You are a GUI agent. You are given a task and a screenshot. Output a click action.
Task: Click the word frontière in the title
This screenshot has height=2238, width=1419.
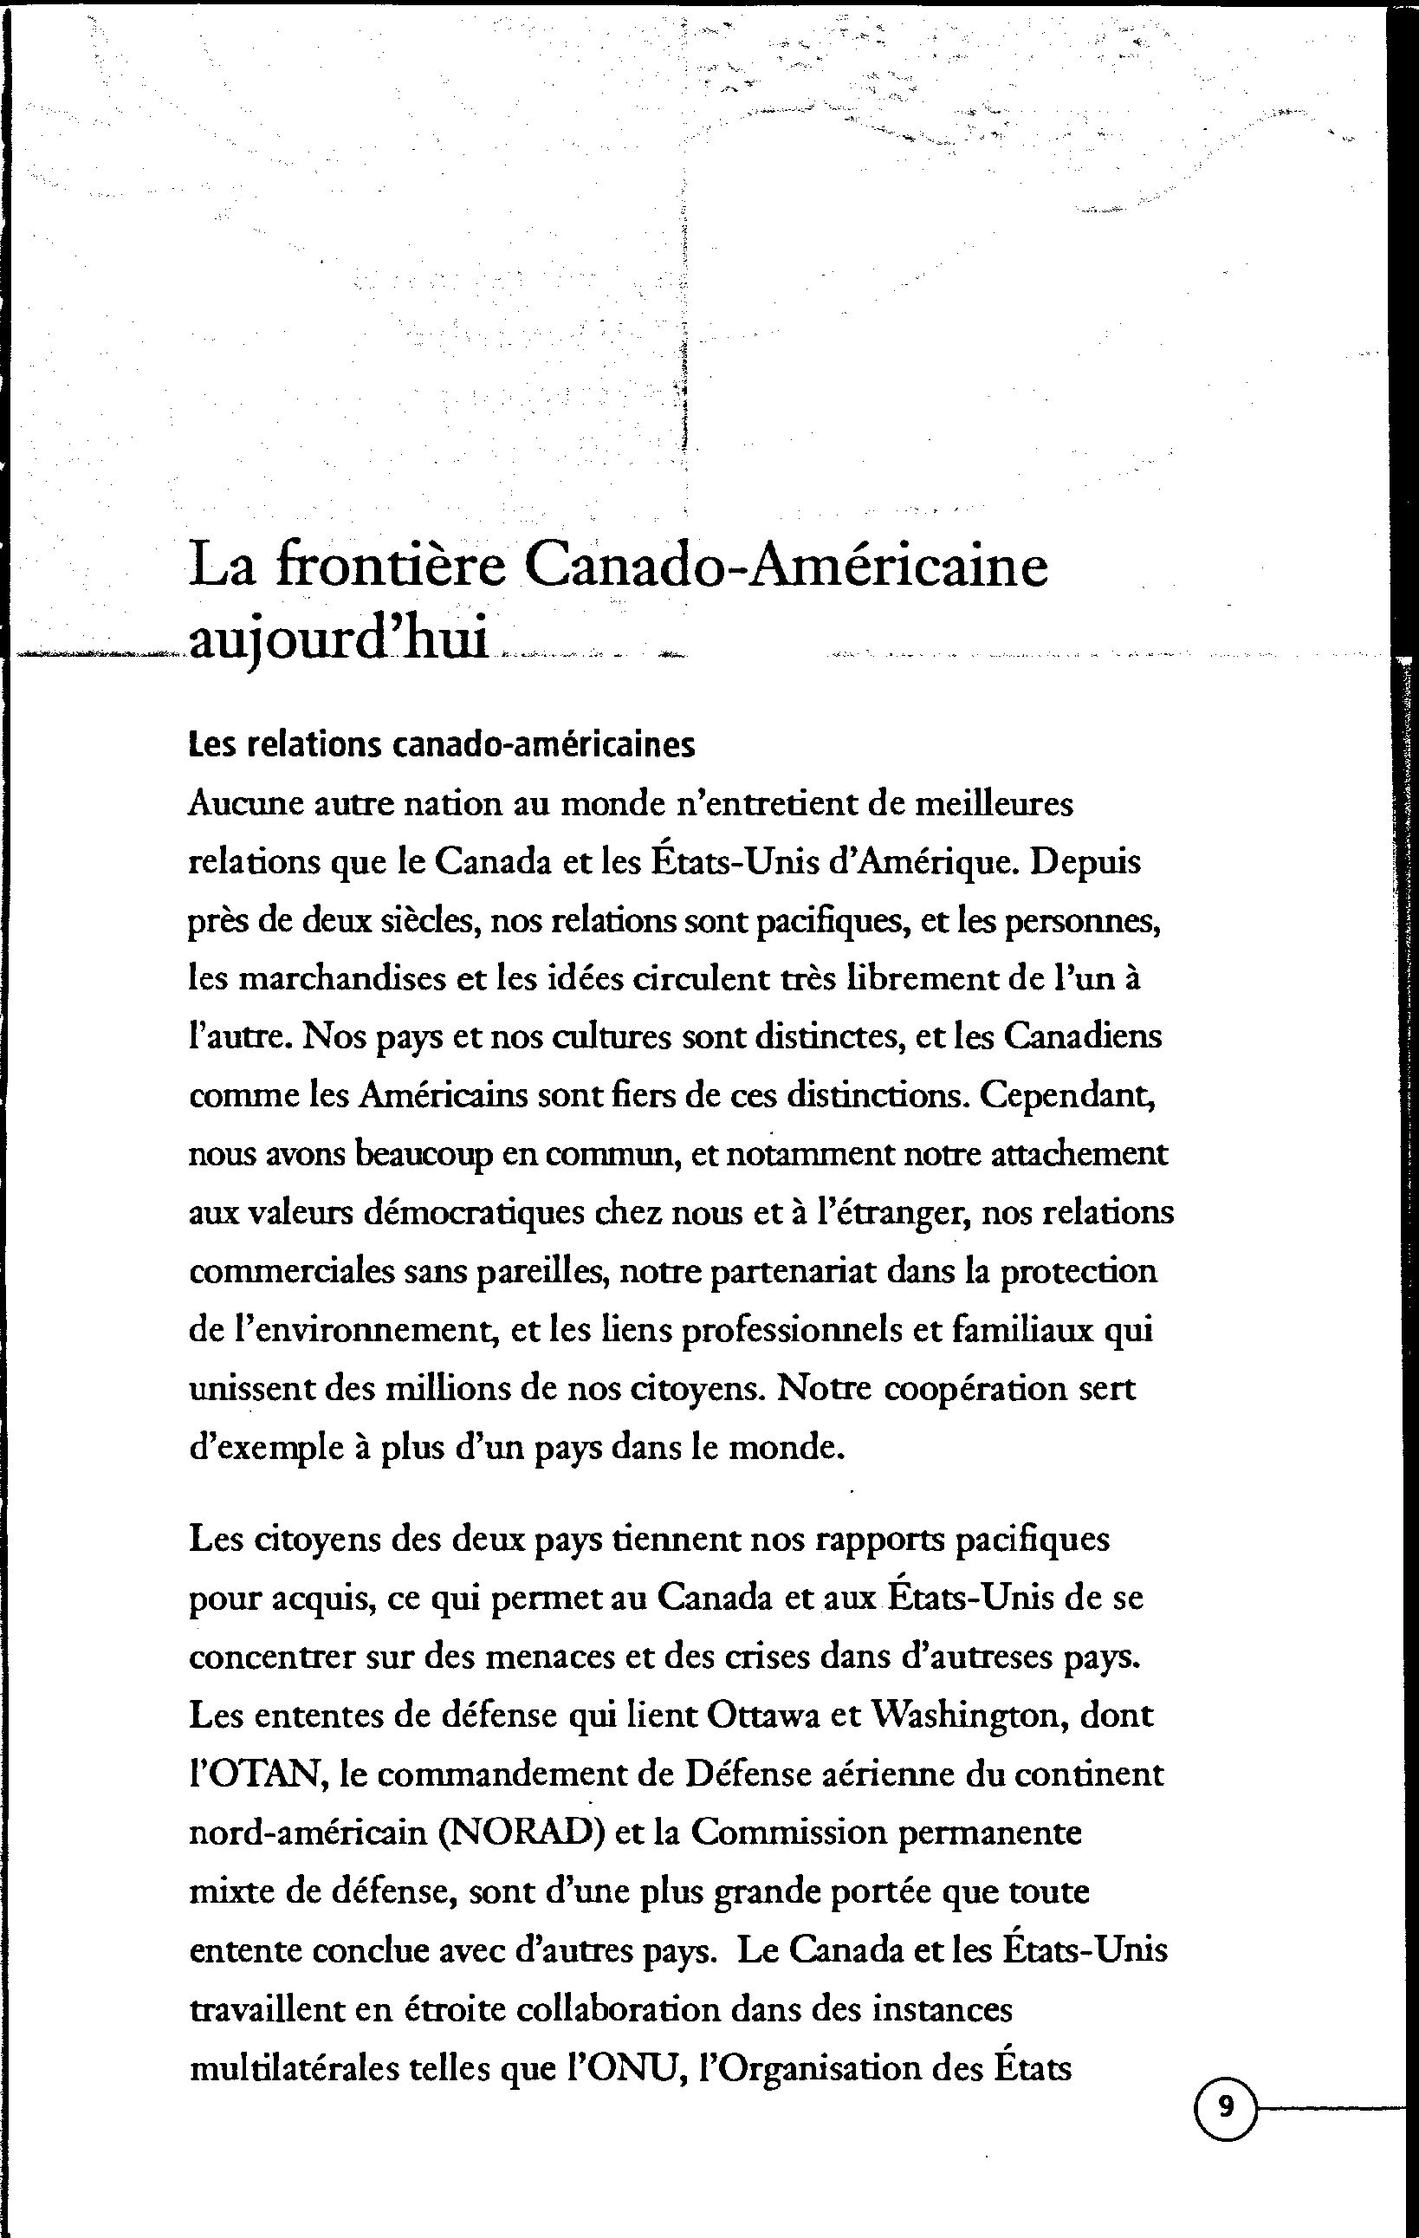click(391, 566)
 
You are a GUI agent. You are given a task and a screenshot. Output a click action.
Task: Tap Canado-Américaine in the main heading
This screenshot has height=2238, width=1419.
click(786, 566)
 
